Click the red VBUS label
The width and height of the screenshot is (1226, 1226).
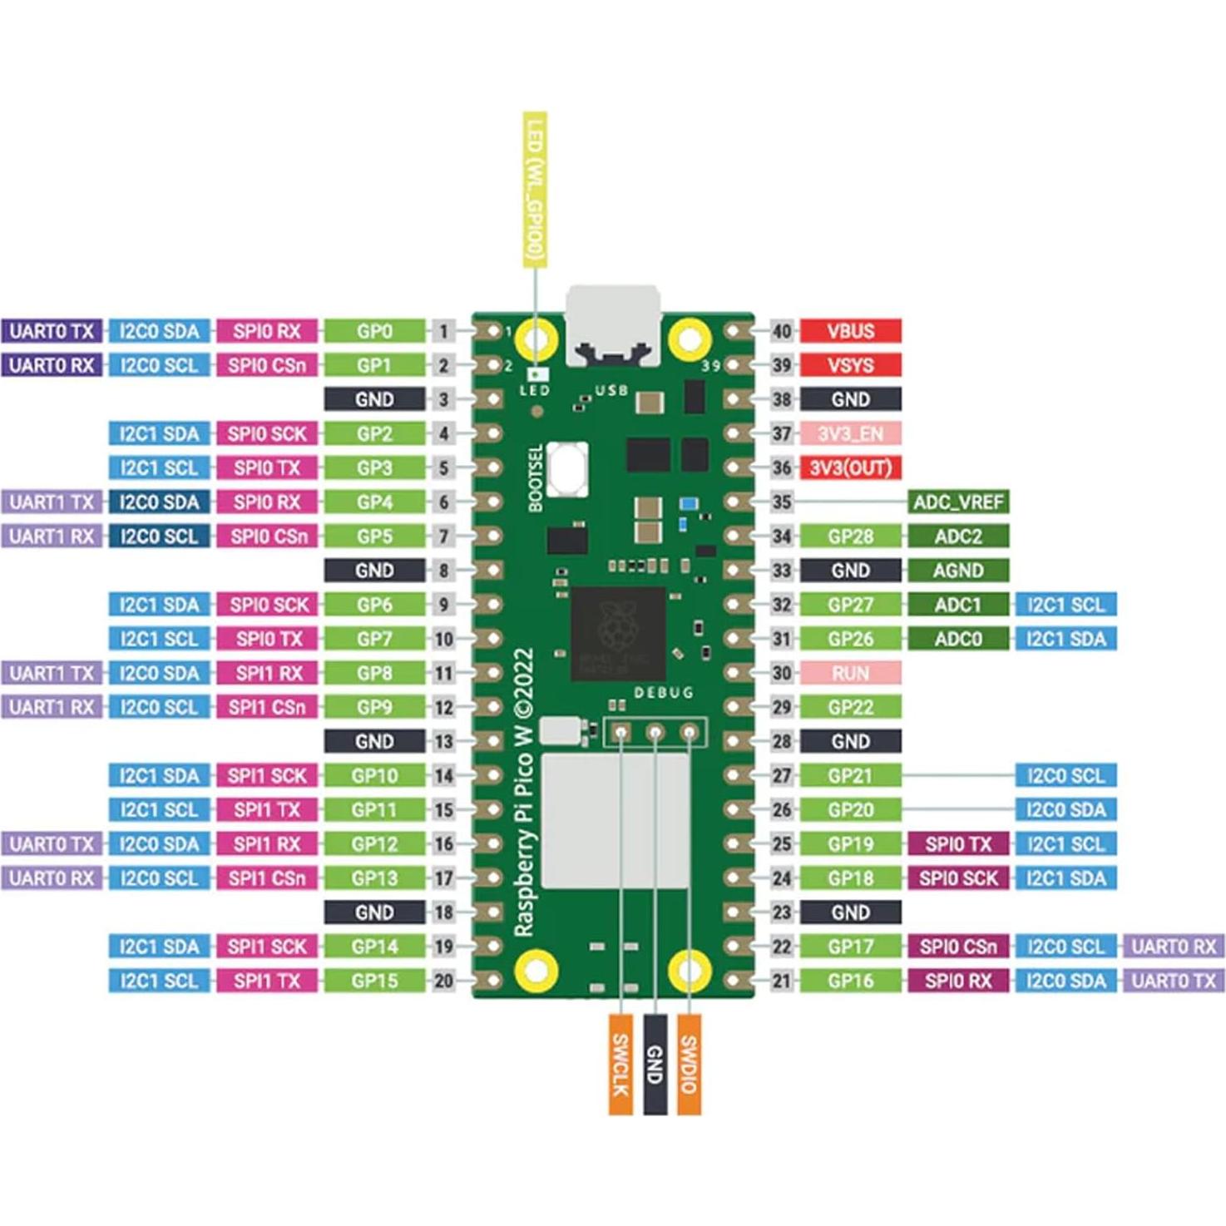(850, 331)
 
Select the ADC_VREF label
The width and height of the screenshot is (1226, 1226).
(958, 502)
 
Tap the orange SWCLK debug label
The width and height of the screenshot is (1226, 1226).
(620, 1065)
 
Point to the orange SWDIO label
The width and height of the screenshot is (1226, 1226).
(689, 1065)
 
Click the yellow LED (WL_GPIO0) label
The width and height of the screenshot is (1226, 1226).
(535, 190)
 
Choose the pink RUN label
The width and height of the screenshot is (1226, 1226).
(850, 673)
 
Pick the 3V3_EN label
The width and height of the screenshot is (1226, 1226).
(850, 433)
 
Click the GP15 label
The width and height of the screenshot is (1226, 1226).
(374, 981)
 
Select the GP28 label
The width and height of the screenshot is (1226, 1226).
(850, 536)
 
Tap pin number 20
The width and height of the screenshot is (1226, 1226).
(444, 981)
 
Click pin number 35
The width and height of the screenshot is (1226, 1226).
(782, 502)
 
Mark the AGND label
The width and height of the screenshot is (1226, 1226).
(958, 571)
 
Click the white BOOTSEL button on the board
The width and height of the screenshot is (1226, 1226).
(569, 467)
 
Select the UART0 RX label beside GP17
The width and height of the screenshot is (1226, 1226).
(1174, 947)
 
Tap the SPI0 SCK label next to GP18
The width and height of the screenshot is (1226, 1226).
(958, 878)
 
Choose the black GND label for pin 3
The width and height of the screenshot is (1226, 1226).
(374, 399)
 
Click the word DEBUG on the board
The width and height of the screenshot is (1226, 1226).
(663, 693)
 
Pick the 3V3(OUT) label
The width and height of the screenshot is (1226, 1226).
(850, 467)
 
